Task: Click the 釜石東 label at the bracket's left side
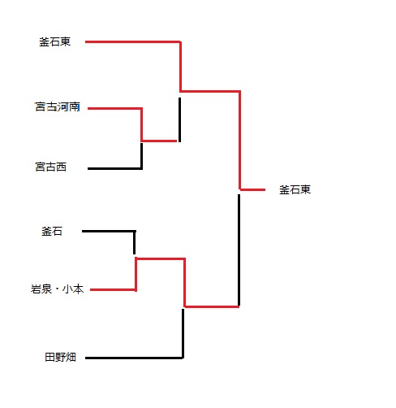click(55, 42)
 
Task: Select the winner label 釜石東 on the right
click(295, 189)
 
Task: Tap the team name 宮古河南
click(58, 106)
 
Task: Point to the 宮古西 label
click(51, 167)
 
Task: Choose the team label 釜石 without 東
click(52, 232)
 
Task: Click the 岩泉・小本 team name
click(57, 289)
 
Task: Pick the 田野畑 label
click(60, 357)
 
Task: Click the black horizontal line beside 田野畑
click(135, 358)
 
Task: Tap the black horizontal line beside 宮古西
click(115, 168)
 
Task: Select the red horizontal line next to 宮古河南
click(115, 109)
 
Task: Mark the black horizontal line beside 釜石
click(109, 232)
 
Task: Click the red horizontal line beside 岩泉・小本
click(113, 289)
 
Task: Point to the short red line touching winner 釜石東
click(252, 189)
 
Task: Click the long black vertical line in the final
click(239, 250)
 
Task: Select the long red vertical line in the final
click(239, 140)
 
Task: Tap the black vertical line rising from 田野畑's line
click(183, 333)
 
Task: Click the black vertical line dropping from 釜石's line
click(135, 242)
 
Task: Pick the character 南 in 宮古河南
click(75, 106)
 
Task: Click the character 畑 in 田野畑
click(71, 357)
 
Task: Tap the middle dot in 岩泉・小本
click(57, 289)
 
